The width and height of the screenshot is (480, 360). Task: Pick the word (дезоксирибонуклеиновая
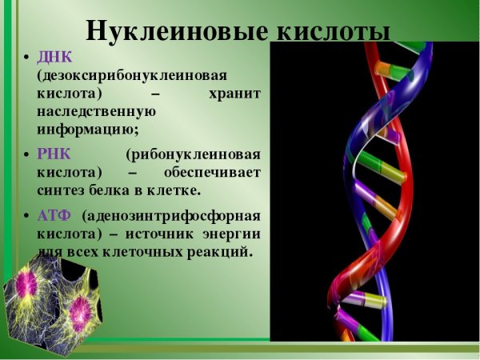[x=131, y=76]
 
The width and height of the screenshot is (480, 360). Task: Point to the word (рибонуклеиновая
[x=193, y=154]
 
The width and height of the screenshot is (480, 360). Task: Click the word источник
[x=158, y=234]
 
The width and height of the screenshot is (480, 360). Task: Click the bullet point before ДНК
[x=26, y=60]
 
